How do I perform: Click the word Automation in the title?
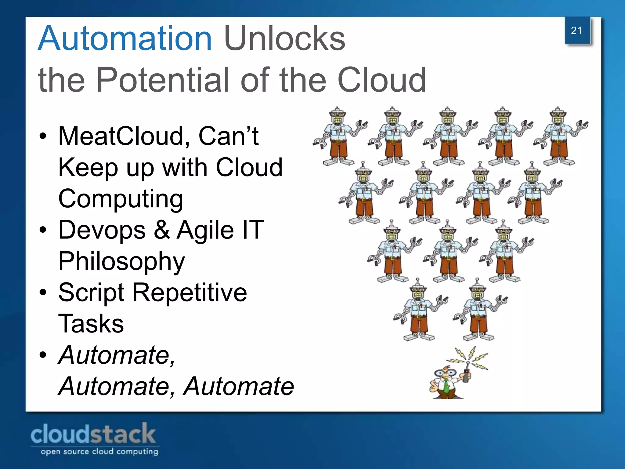[x=125, y=39]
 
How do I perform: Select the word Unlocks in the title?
[x=284, y=39]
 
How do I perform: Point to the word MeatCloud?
[x=124, y=136]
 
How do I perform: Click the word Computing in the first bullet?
[x=121, y=199]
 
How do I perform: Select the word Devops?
[x=102, y=230]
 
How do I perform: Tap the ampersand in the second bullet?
[x=161, y=230]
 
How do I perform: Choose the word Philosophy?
[x=121, y=262]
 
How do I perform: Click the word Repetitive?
[x=190, y=293]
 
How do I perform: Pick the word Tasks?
[x=91, y=324]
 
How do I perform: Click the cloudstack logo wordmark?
[x=93, y=434]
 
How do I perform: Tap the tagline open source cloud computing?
[x=99, y=452]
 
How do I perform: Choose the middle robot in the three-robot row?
[x=448, y=250]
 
